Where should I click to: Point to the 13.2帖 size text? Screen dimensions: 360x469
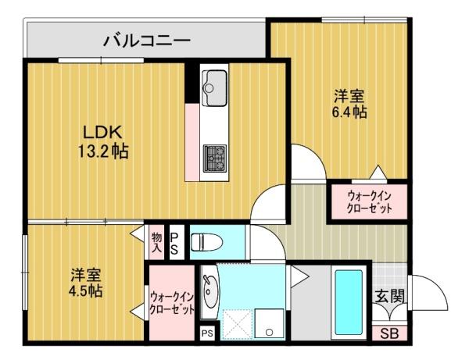102,150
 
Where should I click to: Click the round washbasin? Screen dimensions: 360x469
209,291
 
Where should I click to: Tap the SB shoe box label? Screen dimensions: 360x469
388,333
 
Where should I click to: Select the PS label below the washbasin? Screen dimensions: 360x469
206,333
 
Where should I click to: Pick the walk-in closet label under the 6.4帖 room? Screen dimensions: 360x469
367,202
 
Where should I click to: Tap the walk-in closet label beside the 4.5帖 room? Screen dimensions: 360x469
171,303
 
